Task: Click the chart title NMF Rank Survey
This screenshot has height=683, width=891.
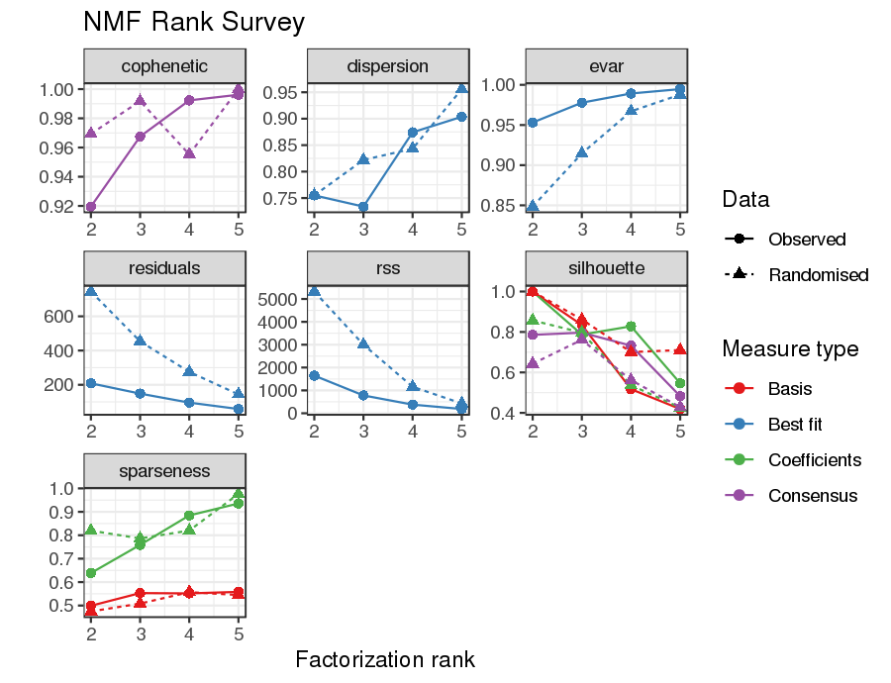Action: [x=194, y=22]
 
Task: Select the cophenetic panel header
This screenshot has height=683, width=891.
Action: [x=164, y=66]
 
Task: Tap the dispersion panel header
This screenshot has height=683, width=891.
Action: [x=387, y=66]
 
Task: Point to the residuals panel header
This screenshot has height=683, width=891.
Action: [x=164, y=268]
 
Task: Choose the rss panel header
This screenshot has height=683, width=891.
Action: [x=387, y=268]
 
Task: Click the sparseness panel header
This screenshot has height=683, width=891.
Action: [x=164, y=471]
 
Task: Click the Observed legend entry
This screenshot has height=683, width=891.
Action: [x=807, y=239]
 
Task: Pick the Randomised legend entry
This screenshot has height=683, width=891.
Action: [x=818, y=274]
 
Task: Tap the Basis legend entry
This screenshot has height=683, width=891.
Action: [x=790, y=389]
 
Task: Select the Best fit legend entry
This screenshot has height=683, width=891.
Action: [x=795, y=425]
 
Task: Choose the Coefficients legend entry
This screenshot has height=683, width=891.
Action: [x=815, y=460]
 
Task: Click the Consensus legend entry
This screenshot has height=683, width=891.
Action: [x=811, y=496]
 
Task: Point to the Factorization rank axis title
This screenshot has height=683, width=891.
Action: [x=385, y=659]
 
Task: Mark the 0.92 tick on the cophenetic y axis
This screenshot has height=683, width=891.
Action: [x=54, y=207]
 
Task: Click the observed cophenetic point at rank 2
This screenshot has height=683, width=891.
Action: [x=91, y=207]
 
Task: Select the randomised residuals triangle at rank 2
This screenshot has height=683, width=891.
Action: [x=91, y=291]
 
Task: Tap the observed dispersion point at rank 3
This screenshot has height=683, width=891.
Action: [x=363, y=207]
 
